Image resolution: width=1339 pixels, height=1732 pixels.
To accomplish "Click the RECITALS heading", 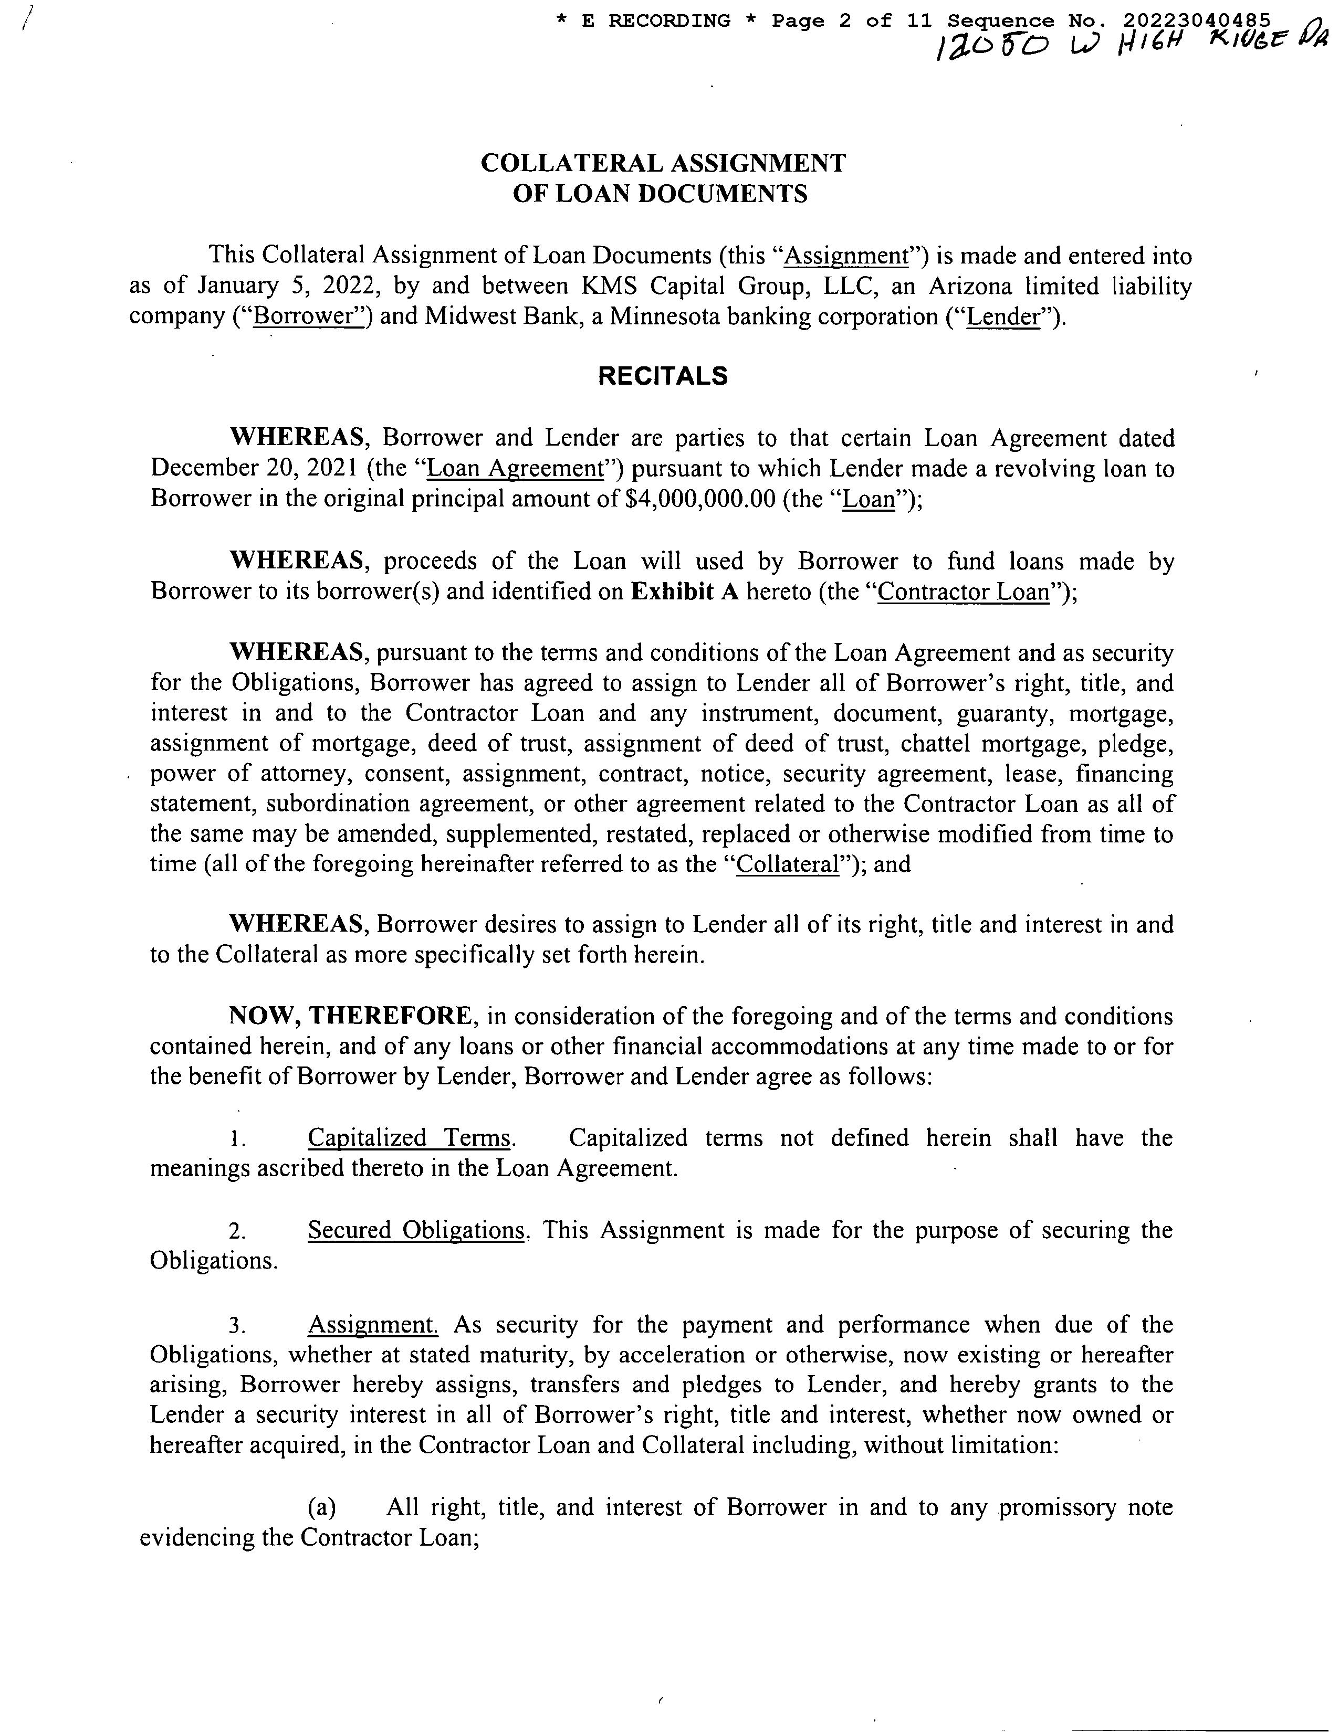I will coord(662,376).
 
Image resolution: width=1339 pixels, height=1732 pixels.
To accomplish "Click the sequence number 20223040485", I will coord(1197,20).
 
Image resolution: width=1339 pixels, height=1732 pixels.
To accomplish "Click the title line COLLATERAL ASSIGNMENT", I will coord(663,163).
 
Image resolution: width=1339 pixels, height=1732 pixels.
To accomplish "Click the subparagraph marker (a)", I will coord(321,1507).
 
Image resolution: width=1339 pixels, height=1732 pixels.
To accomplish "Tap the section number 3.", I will coord(236,1325).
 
